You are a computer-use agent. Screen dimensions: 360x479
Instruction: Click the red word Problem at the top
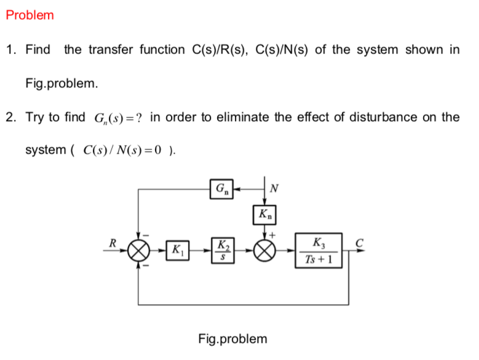pos(30,15)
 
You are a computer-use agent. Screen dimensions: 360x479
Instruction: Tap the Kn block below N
pos(266,215)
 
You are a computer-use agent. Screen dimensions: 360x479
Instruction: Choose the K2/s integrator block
pos(223,251)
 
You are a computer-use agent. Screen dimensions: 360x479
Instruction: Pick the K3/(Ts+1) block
pos(319,251)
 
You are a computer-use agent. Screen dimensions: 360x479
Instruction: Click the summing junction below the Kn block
pos(266,251)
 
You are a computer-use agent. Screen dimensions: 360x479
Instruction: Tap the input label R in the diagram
pos(113,243)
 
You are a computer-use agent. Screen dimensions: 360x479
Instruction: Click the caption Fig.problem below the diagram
pos(233,338)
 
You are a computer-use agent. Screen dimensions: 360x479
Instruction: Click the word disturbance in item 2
pos(377,117)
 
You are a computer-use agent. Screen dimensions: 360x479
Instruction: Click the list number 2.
pos(10,117)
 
